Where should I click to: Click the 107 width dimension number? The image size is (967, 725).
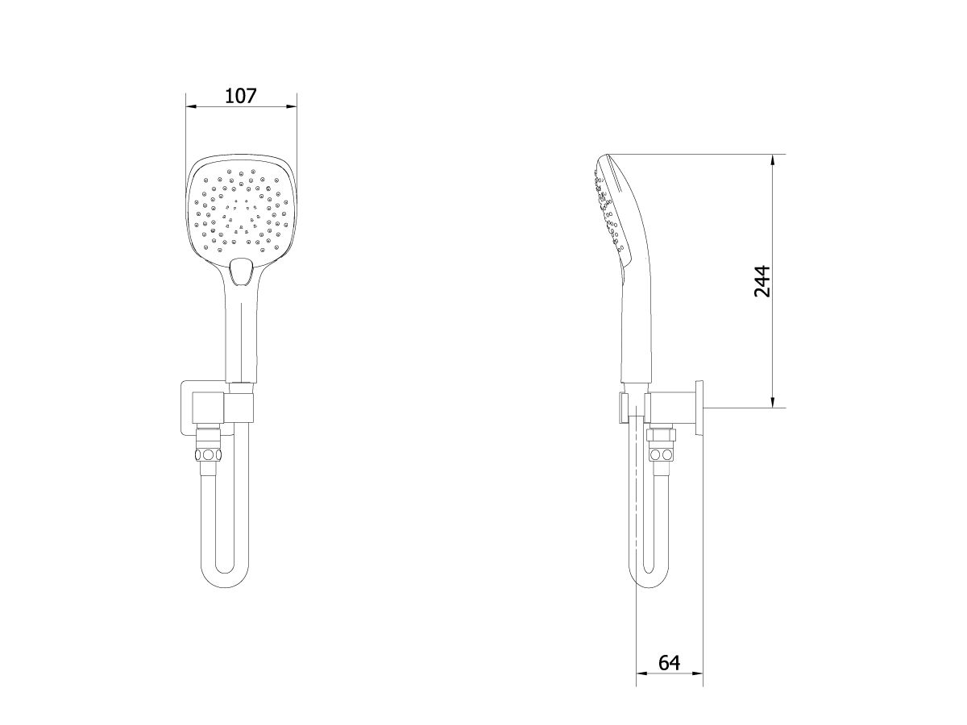point(240,96)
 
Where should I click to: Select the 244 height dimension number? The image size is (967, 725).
point(762,280)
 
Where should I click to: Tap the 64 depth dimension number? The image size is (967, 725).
point(669,662)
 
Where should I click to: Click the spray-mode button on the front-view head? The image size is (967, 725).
point(240,271)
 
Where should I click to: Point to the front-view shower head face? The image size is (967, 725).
point(240,206)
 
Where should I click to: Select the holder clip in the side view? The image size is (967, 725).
point(624,407)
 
